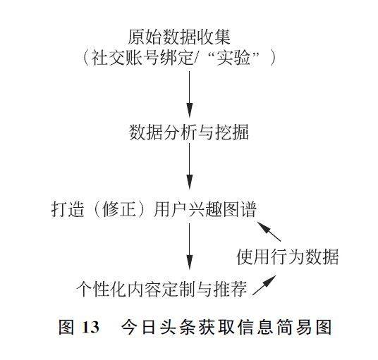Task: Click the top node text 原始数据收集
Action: click(x=179, y=37)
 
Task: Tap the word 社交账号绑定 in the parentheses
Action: click(x=142, y=58)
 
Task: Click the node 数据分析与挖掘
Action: click(x=189, y=132)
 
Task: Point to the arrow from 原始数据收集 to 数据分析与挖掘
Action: click(x=190, y=94)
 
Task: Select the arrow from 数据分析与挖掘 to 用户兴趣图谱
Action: click(x=190, y=166)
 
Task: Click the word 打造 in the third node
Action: click(x=68, y=209)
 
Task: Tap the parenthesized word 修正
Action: click(x=118, y=209)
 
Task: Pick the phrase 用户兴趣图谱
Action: click(x=205, y=209)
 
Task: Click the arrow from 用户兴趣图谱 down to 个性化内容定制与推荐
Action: click(x=190, y=247)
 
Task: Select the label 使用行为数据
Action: click(x=288, y=256)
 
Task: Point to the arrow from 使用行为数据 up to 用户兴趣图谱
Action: click(x=269, y=231)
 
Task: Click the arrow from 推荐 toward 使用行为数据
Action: click(x=264, y=285)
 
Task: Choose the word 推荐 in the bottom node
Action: click(x=231, y=289)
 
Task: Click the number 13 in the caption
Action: click(x=90, y=328)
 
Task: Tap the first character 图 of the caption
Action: click(x=66, y=327)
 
